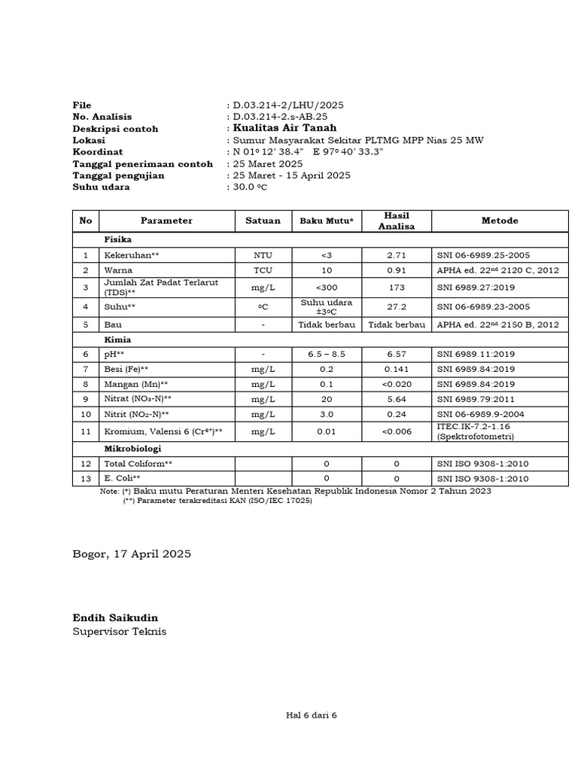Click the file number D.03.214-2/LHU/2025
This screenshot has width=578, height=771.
288,105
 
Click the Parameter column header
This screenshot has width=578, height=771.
166,221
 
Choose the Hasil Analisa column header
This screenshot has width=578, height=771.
396,221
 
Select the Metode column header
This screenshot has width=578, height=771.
500,221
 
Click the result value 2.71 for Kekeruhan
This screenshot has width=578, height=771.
396,255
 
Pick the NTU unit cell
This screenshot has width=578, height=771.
263,255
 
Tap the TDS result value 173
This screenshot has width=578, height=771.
396,287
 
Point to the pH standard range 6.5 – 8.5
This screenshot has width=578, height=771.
327,354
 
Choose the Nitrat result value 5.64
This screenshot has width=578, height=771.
396,399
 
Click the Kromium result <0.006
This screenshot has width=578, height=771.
396,431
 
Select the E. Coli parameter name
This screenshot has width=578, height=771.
122,478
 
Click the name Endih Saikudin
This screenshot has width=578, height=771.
115,618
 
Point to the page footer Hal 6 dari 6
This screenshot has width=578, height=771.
306,715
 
